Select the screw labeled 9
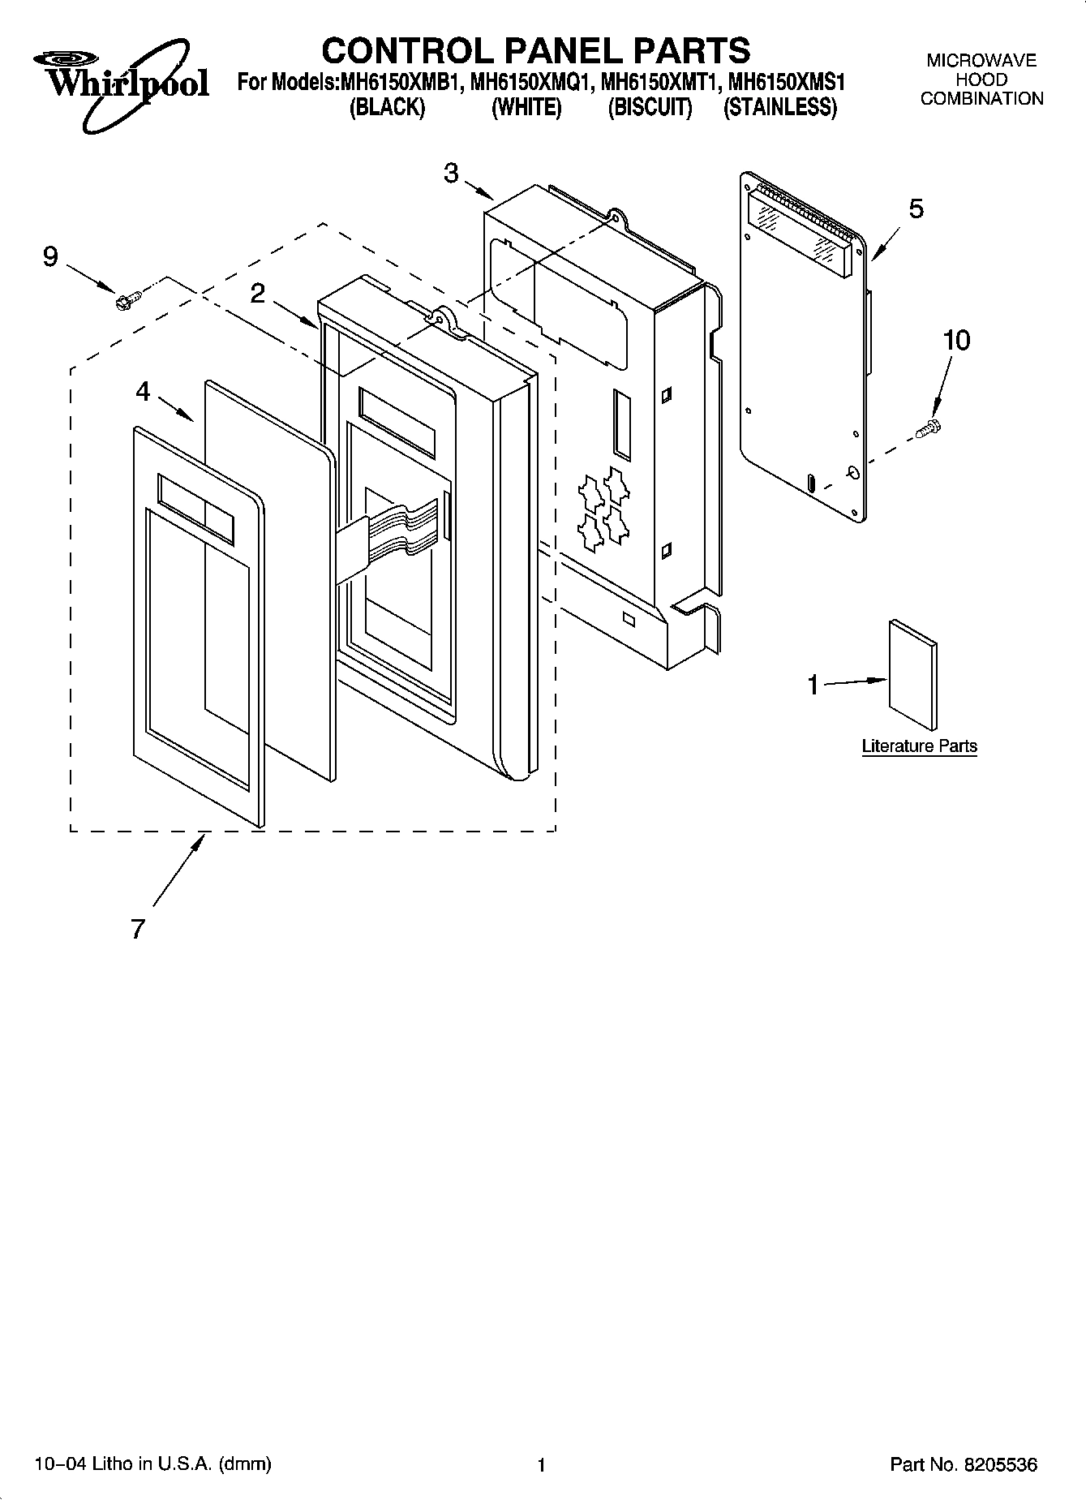(127, 300)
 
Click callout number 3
(452, 172)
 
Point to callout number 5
(915, 209)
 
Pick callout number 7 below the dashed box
(138, 929)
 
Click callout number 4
(143, 392)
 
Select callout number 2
(258, 294)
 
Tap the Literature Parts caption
(919, 746)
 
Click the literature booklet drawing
(913, 675)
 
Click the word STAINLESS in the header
(779, 108)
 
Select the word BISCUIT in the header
(650, 108)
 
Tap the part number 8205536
(999, 1464)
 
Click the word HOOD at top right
(981, 80)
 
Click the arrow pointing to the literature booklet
(856, 683)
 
